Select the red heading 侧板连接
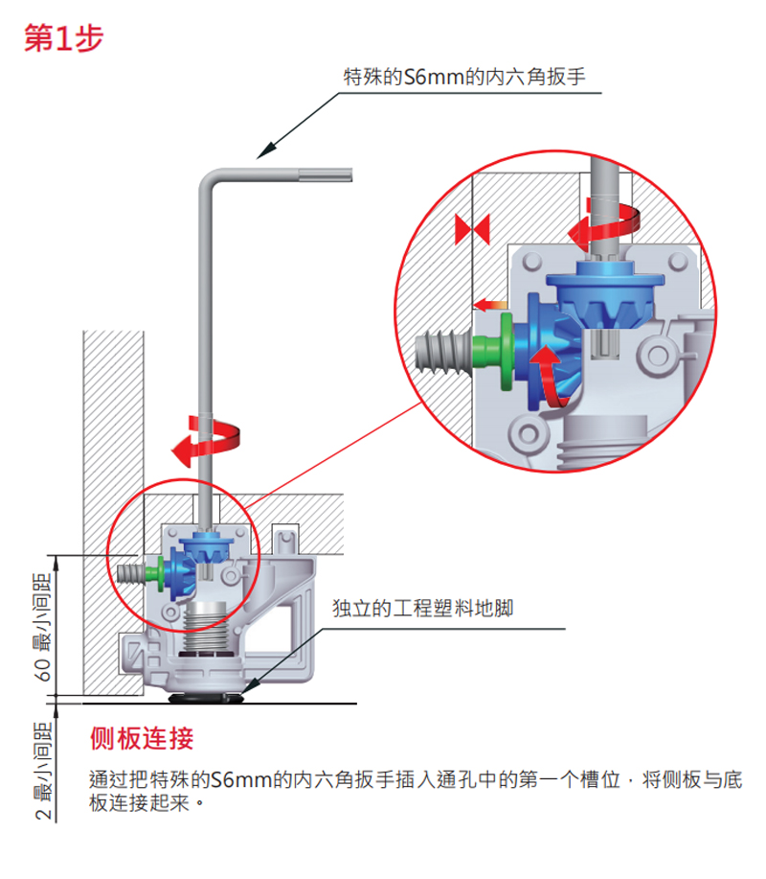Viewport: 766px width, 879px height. [x=141, y=738]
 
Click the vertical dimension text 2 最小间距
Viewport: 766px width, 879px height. [x=44, y=773]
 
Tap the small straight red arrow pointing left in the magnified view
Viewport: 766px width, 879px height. [x=491, y=305]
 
